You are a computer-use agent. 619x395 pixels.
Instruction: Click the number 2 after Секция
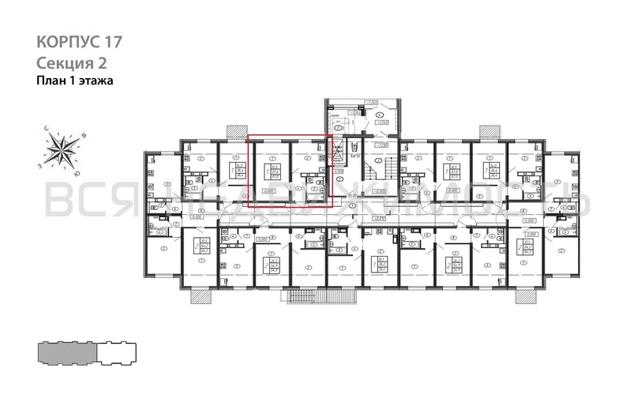point(102,62)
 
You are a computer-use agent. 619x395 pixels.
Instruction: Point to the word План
point(51,81)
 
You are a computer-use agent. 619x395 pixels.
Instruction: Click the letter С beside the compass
point(45,130)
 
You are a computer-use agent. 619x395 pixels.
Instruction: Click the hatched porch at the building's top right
point(490,131)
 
